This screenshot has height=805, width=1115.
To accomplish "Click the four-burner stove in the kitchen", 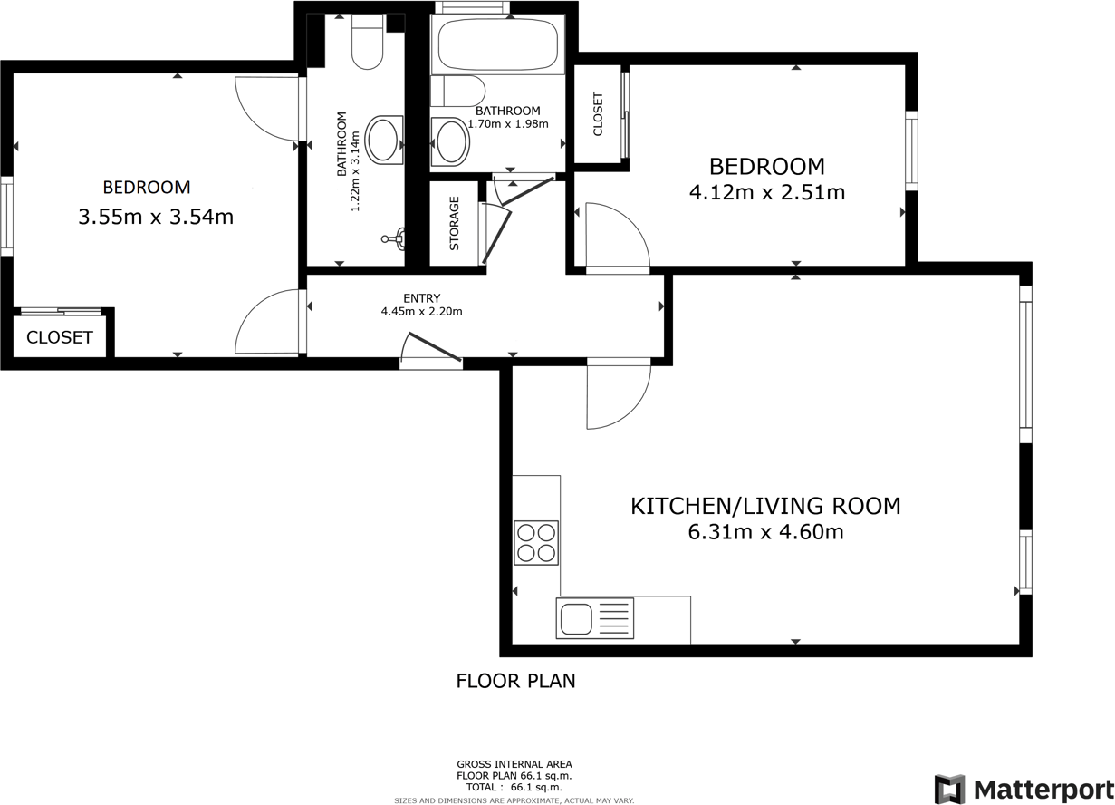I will pos(535,543).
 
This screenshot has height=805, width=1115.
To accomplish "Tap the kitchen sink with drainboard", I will pos(597,620).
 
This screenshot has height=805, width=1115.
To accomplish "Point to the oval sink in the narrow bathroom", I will pos(388,141).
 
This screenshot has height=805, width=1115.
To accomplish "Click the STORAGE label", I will pos(454,224).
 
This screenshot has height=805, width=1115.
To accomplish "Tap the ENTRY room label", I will pos(422,298).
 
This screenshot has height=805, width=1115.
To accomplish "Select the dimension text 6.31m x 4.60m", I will pos(765,532).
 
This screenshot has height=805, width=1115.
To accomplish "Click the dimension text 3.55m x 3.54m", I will pos(156,217).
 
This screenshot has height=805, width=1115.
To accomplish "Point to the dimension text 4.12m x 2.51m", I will pos(766,192).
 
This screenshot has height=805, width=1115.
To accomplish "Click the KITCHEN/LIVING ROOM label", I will pos(765,506).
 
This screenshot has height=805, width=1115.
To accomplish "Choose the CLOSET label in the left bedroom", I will pos(59,337).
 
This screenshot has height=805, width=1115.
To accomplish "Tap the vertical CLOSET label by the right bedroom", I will pos(598,114).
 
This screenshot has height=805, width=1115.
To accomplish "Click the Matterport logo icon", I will pos(949,789).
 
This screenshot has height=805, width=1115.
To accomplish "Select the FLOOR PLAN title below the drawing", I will pos(515,681).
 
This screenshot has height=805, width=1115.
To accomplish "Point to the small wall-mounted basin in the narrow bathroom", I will pos(397,240).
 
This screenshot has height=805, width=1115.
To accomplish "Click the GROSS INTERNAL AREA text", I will pos(514,764).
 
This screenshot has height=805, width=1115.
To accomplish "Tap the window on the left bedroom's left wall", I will pos(6,216).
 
